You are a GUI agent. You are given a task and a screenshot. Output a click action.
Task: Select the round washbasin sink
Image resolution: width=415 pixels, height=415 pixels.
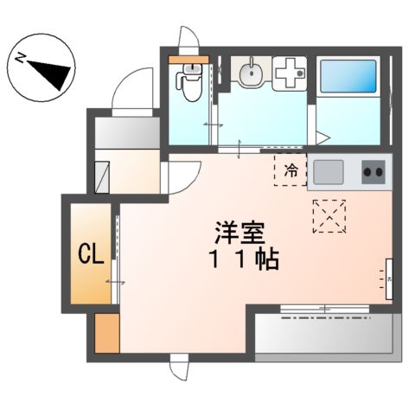(x=250, y=74)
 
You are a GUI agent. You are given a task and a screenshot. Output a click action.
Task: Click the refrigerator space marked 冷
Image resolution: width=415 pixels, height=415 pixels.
(x=291, y=169)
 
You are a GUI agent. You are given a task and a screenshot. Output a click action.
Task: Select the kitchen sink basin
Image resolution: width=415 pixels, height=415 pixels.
(x=330, y=170)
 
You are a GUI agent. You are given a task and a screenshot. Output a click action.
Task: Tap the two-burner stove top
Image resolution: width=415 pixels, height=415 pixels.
(x=373, y=171)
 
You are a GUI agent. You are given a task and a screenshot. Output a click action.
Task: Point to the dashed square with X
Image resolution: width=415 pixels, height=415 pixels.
(x=329, y=215)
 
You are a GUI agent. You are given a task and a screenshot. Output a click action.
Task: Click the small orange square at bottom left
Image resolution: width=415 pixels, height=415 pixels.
(x=106, y=333)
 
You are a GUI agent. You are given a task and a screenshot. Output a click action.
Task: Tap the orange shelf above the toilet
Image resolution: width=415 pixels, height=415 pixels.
(x=187, y=61)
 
